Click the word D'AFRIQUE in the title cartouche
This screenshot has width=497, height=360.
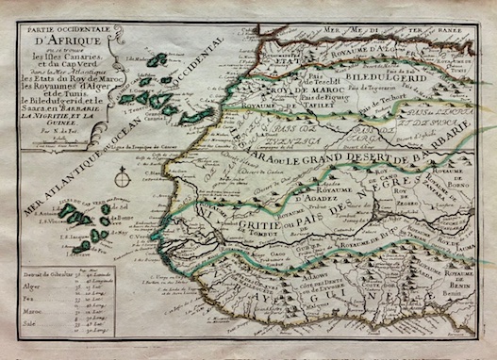pos(58,41)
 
